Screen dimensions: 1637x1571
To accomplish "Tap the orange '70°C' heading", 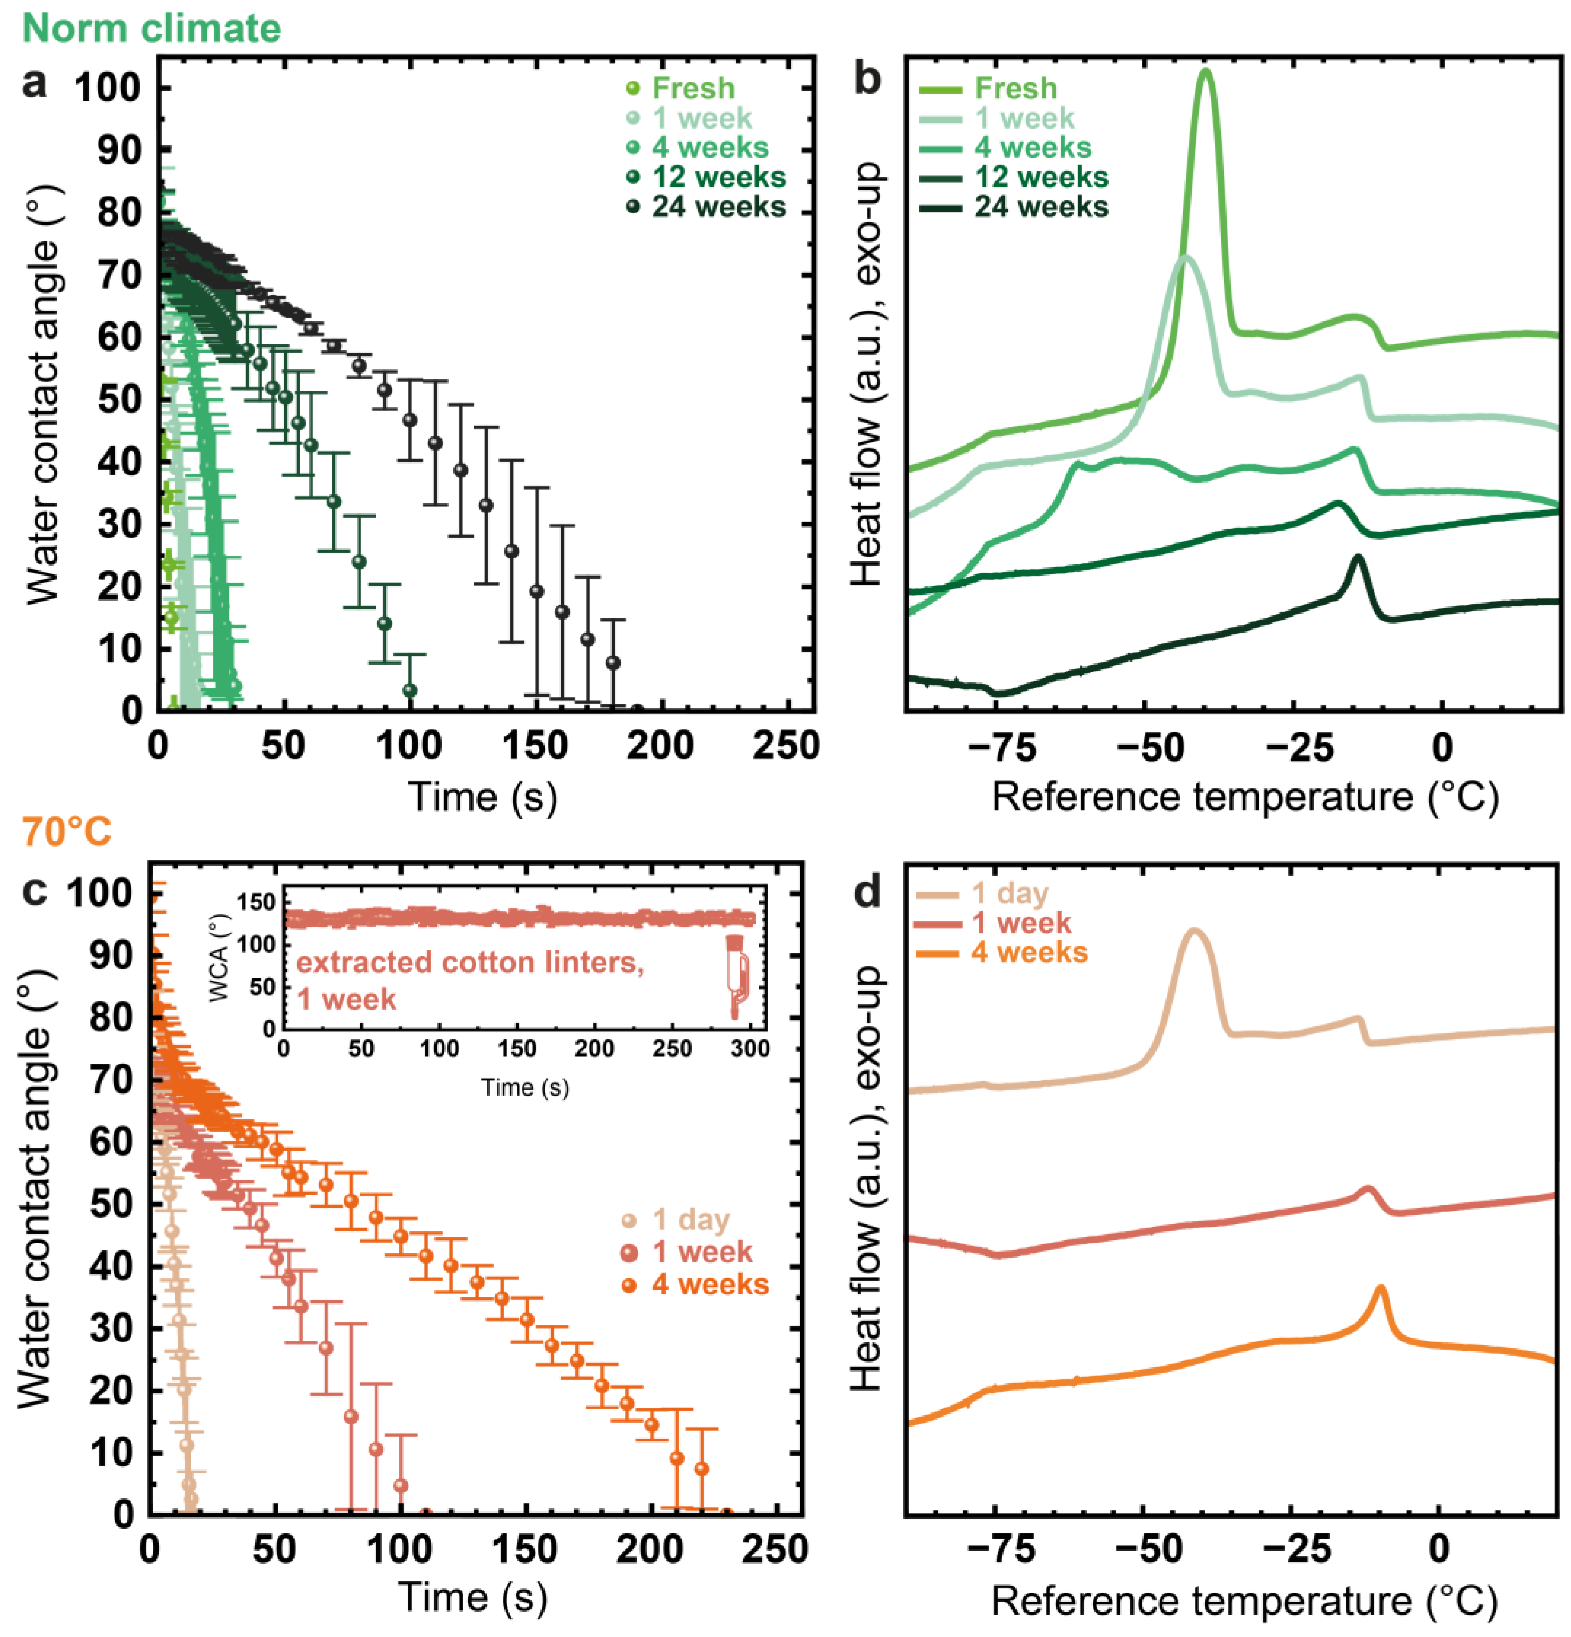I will [x=67, y=832].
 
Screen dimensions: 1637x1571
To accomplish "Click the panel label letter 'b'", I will [x=868, y=81].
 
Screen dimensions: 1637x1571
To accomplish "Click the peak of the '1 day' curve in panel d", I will [x=1195, y=931].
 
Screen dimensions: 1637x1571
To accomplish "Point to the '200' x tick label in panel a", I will [x=660, y=746].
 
